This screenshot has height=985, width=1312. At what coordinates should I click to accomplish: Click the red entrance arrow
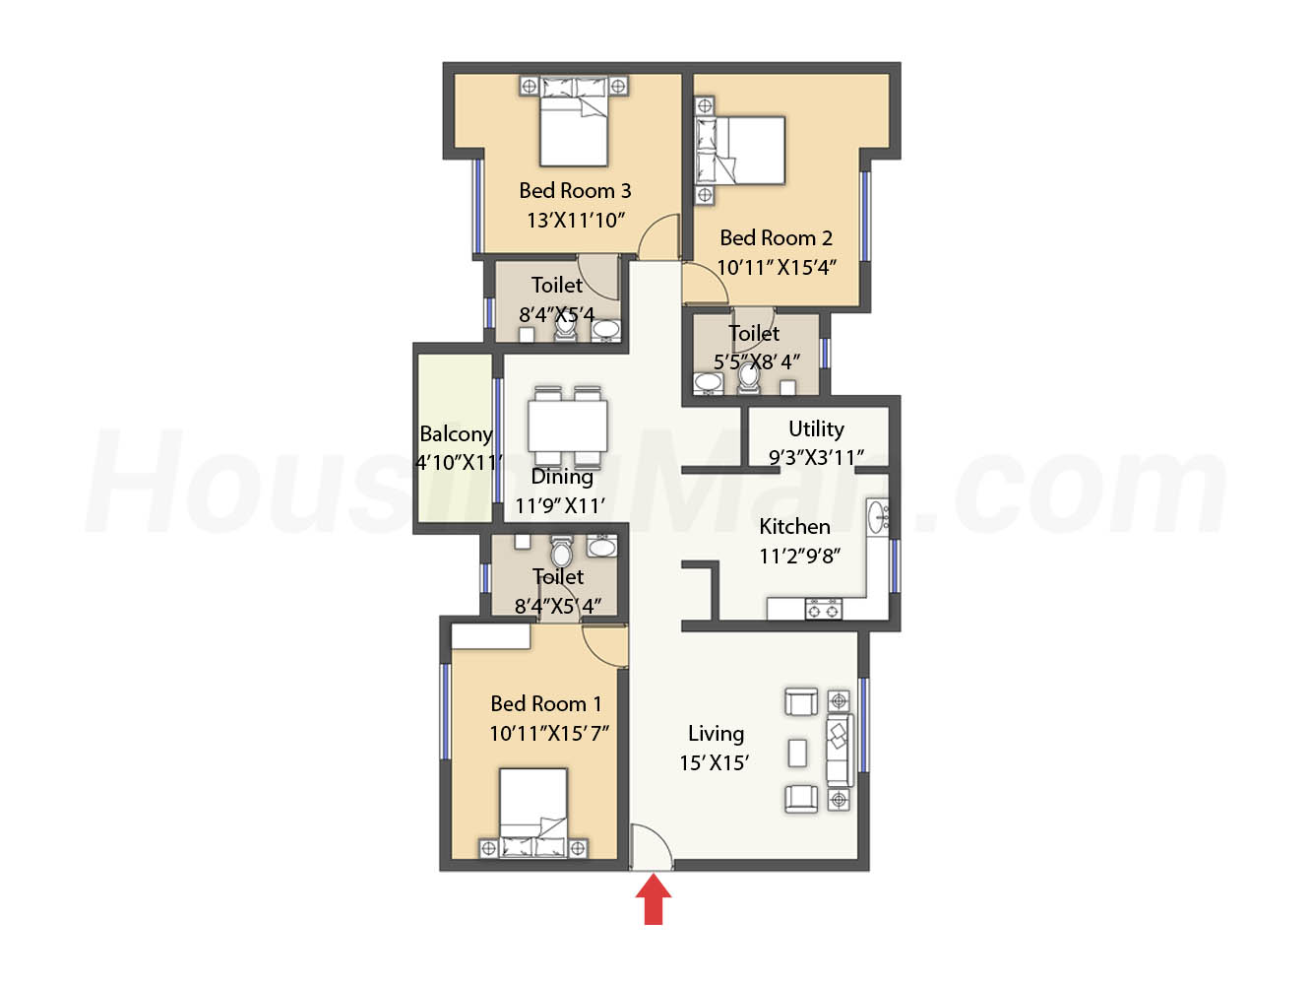click(x=653, y=898)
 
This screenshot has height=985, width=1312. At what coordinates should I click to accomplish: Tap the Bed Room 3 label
click(x=575, y=191)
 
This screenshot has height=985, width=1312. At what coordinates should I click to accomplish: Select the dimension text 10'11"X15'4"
click(x=776, y=267)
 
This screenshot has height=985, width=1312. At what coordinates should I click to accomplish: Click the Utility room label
click(x=816, y=428)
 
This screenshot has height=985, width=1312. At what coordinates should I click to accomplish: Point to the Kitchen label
click(x=794, y=526)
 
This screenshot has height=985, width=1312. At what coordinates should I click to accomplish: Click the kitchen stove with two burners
click(x=823, y=608)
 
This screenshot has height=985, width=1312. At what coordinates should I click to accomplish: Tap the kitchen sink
click(x=878, y=517)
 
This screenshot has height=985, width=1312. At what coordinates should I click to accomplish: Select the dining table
click(x=567, y=426)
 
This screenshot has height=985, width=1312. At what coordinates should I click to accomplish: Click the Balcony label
click(x=456, y=434)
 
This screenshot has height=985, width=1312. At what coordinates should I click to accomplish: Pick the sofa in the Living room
click(x=840, y=750)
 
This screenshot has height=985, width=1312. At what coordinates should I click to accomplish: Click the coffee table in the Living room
click(x=797, y=753)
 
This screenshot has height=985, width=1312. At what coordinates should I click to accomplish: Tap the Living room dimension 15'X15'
click(x=714, y=762)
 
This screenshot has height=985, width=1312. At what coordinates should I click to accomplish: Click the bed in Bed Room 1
click(x=533, y=813)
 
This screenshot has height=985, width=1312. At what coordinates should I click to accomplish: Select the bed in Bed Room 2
click(x=739, y=150)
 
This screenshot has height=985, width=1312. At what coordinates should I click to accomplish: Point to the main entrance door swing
click(x=652, y=846)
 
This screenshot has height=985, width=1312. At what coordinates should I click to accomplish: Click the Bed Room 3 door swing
click(x=658, y=235)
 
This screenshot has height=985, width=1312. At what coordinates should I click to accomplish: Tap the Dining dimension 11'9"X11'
click(x=560, y=506)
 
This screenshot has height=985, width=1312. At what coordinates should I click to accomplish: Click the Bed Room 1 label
click(x=545, y=703)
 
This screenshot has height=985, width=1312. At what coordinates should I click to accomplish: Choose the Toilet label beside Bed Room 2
click(x=754, y=333)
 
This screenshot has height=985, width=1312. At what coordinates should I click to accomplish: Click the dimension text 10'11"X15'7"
click(x=548, y=733)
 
